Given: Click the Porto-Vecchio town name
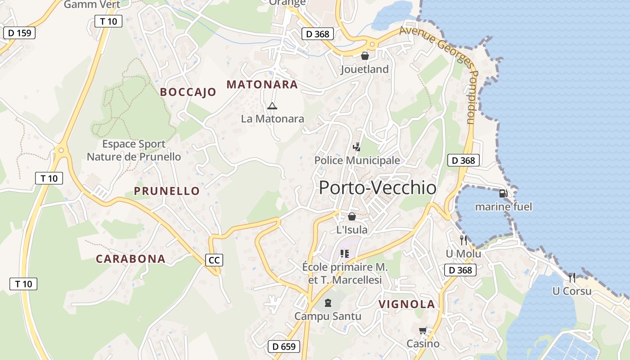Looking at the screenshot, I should click(x=378, y=188).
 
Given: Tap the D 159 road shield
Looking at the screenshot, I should click(x=19, y=33).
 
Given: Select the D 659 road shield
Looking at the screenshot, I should click(x=284, y=346).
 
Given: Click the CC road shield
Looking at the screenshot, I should click(x=214, y=260).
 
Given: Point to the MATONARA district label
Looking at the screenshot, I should click(x=262, y=84).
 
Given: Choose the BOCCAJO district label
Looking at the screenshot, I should click(x=188, y=92).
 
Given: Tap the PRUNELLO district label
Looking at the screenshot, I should click(x=166, y=191).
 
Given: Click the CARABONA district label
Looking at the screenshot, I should click(x=130, y=259).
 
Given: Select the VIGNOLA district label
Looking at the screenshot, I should click(x=407, y=304).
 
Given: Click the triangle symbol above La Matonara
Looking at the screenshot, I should click(x=272, y=106).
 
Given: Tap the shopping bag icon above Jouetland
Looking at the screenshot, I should click(x=364, y=56).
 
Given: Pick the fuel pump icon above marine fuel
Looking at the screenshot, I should click(x=503, y=193).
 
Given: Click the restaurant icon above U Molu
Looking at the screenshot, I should click(x=463, y=240).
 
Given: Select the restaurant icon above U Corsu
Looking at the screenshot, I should click(x=571, y=277).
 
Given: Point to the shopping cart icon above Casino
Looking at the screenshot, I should click(x=423, y=331).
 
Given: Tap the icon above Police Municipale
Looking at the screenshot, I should click(x=357, y=147).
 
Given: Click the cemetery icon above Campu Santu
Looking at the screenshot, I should click(x=328, y=303).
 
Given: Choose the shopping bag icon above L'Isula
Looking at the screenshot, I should click(x=352, y=216).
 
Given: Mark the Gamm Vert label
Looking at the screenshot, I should click(x=92, y=4).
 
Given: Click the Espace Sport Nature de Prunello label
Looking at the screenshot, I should click(x=134, y=150).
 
